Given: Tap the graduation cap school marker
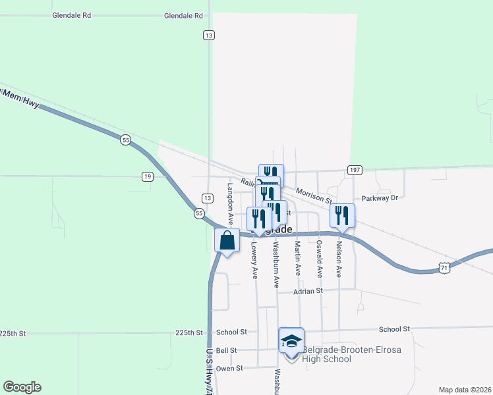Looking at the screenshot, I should [x=291, y=342].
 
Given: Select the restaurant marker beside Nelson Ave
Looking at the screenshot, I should [x=342, y=215].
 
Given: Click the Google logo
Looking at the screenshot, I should [x=22, y=387].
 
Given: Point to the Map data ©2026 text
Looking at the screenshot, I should [x=465, y=390].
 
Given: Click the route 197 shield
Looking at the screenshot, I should [x=355, y=170].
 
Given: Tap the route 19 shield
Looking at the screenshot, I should [x=148, y=176].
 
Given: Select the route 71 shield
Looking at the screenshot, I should [x=446, y=267].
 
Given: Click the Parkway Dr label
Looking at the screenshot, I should [x=380, y=197].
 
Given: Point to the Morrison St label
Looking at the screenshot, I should [x=312, y=194].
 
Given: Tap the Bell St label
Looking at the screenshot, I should [x=226, y=351].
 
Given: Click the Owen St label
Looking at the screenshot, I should [x=229, y=369].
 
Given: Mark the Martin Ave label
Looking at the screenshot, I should [x=298, y=258].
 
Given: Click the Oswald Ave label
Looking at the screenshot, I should [x=319, y=258].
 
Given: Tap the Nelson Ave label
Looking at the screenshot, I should [x=339, y=258].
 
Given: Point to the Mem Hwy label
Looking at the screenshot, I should [x=20, y=97].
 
